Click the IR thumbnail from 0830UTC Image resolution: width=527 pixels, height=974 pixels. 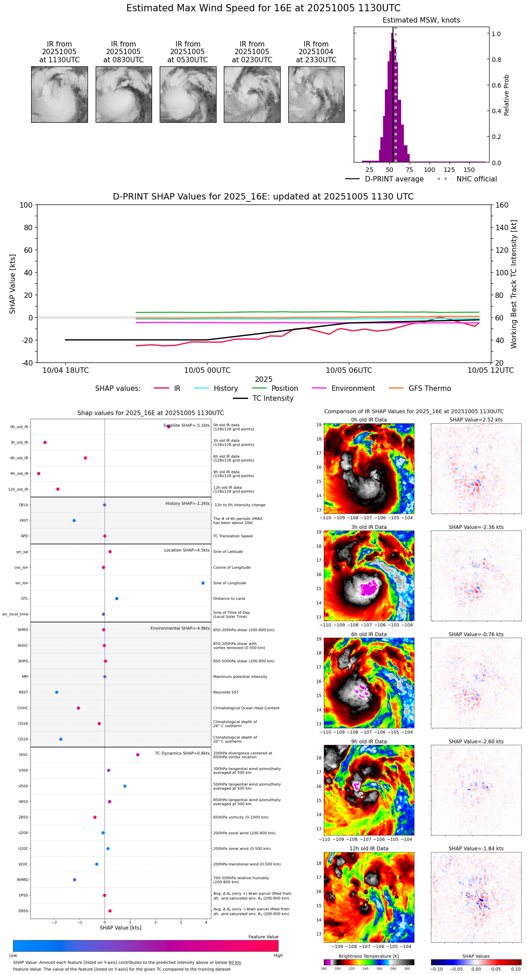coord(124,94)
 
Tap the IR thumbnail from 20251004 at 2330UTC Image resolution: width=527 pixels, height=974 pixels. coord(316,94)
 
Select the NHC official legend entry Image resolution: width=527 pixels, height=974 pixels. coord(476,179)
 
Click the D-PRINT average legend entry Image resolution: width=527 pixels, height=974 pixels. coord(394,179)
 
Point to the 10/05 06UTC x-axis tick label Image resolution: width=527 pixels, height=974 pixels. coord(349,371)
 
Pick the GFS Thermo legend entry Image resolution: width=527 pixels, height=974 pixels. coord(430,389)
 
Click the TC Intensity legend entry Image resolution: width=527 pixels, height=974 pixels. coord(273,399)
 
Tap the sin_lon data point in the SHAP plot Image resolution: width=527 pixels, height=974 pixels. coord(203,583)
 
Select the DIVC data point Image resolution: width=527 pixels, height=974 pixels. coord(138,755)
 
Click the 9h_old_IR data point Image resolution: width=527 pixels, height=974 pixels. coord(39,473)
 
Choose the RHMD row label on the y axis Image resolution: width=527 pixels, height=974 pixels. coord(23,880)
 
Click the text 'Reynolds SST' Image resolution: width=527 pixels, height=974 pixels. coord(226,692)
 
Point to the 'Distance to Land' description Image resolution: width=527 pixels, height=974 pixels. coord(229,598)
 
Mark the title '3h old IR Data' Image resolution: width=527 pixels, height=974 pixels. coord(369,527)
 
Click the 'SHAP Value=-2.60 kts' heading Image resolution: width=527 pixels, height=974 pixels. coord(476,742)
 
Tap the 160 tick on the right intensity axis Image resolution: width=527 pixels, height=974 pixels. coord(502,205)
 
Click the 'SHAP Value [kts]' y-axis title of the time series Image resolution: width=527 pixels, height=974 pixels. coord(13,284)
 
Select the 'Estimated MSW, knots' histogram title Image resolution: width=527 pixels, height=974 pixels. coord(421,20)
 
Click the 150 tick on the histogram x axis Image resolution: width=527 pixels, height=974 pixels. coord(469,170)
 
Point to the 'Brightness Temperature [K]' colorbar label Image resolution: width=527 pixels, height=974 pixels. coord(369,956)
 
